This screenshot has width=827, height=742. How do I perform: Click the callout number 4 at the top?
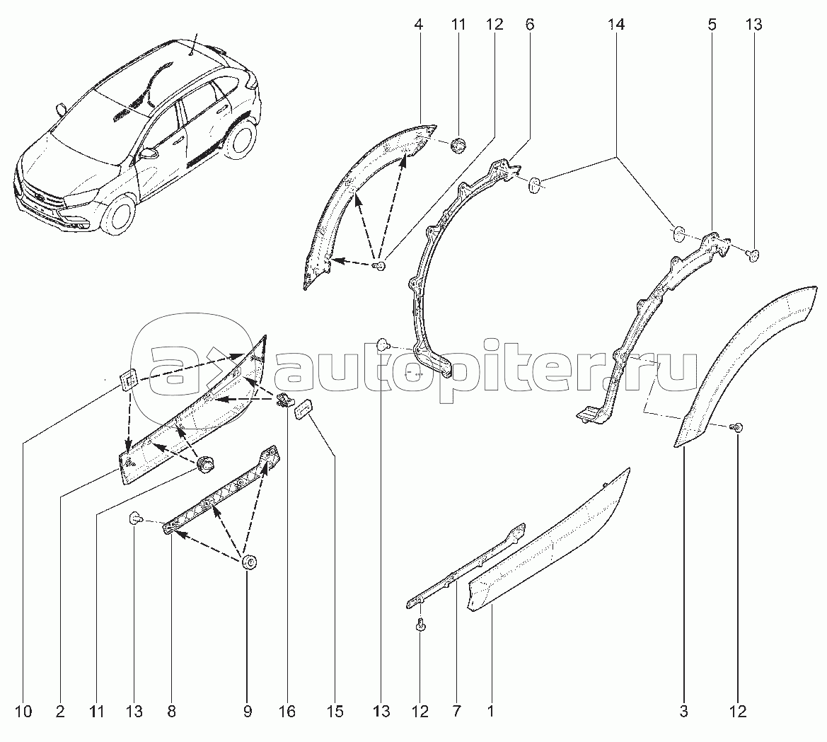(419, 25)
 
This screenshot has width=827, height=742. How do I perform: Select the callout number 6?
(530, 25)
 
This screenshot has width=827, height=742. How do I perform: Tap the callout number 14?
(616, 25)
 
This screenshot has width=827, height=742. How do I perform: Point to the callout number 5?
(712, 25)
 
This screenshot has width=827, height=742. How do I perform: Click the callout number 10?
(25, 711)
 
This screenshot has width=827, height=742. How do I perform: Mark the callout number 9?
(248, 711)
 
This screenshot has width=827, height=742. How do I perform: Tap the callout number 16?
(287, 711)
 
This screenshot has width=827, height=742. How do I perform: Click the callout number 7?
(456, 711)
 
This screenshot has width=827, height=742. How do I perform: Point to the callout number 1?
(490, 711)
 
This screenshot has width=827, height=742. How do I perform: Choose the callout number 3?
(683, 711)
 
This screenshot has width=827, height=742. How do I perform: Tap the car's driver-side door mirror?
(150, 153)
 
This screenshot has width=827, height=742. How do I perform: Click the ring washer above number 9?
(248, 562)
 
